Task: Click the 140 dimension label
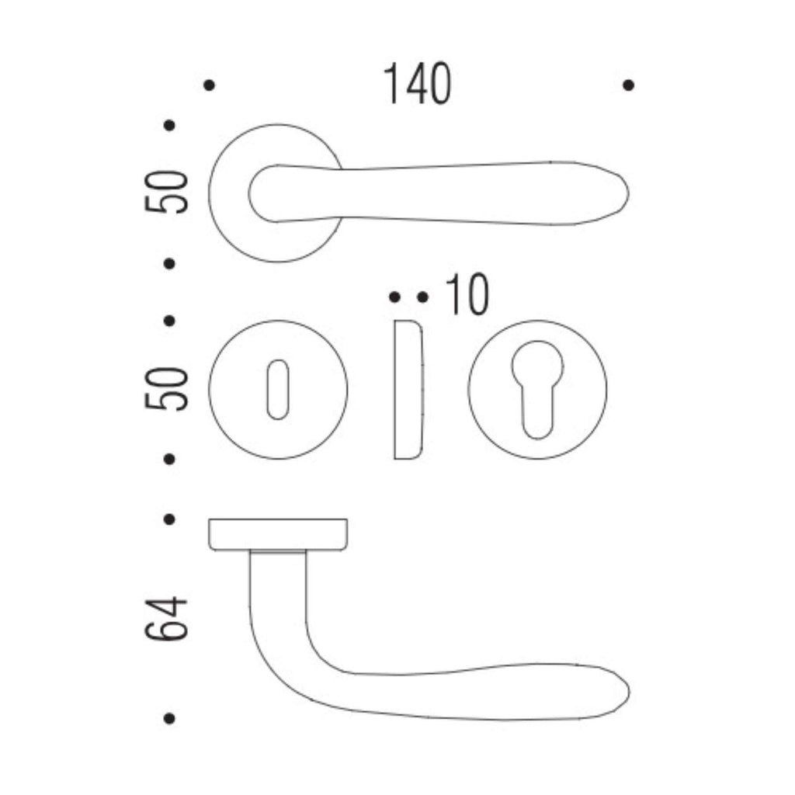[x=417, y=84]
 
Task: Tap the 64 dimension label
[x=166, y=619]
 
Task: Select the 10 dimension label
[x=467, y=294]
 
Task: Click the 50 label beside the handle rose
[x=166, y=192]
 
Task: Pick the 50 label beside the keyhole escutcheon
[x=166, y=388]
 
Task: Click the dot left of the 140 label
[x=209, y=85]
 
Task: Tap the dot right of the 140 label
[x=628, y=85]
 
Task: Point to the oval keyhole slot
[x=278, y=390]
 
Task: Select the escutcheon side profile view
[x=408, y=390]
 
